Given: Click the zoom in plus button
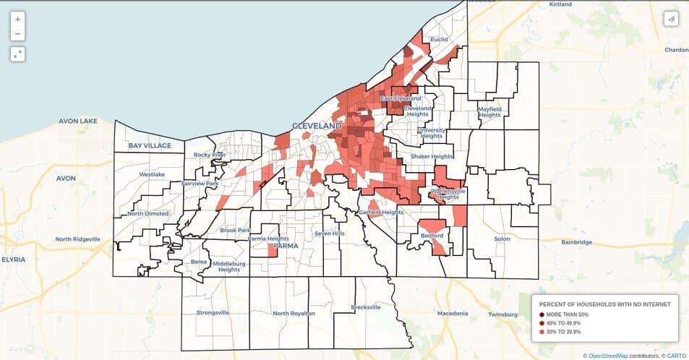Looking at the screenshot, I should point(17,20).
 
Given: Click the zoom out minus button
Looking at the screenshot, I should point(17,34).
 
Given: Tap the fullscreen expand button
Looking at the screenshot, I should point(17,54).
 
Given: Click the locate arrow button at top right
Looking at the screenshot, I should point(671,19).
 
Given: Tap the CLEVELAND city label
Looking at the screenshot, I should point(316,126).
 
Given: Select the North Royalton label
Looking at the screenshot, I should point(294,314).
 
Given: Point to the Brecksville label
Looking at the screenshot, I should point(365,307).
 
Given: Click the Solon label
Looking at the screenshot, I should point(502,238).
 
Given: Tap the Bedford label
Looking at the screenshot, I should point(432,236).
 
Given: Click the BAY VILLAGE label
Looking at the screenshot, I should point(150,146).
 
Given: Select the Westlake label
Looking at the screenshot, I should point(152,174).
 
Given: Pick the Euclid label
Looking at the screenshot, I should point(439,40).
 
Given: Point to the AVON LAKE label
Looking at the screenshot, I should point(77,121).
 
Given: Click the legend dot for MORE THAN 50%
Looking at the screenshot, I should point(542,314).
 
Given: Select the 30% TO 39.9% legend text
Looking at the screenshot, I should point(563,332).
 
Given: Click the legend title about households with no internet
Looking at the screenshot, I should point(604,304).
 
